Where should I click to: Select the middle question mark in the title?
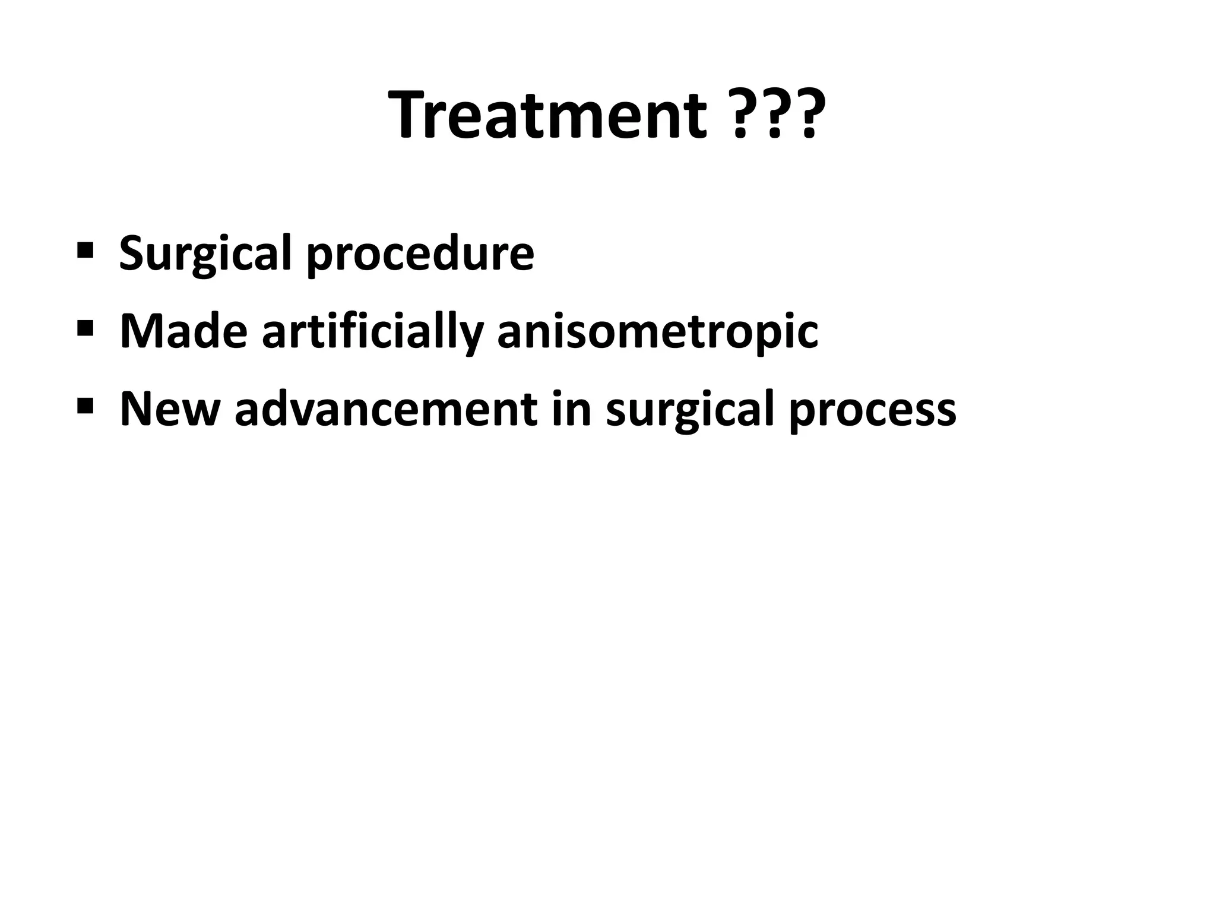pyautogui.click(x=774, y=116)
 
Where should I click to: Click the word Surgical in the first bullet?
pyautogui.click(x=205, y=254)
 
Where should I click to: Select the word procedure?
pyautogui.click(x=420, y=254)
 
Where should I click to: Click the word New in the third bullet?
pyautogui.click(x=170, y=410)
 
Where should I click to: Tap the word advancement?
pyautogui.click(x=386, y=410)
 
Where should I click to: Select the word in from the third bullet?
pyautogui.click(x=571, y=410)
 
